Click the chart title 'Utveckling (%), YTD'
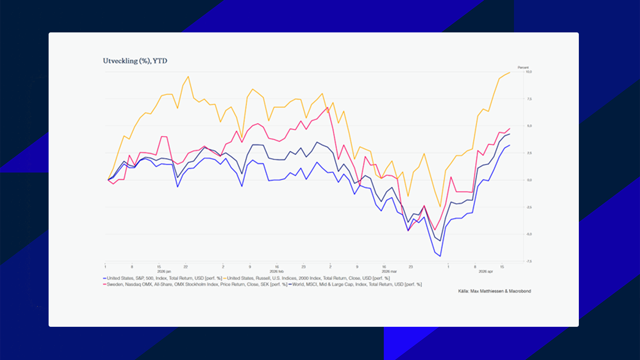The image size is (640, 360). pos(135,61)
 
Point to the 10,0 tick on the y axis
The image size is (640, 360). pos(529,72)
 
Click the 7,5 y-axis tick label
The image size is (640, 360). pos(529,99)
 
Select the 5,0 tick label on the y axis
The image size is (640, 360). pos(529,126)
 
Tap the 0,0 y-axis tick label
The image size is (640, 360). pos(529,180)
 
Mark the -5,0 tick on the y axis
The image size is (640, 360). pos(529,234)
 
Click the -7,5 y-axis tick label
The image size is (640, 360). pos(529,261)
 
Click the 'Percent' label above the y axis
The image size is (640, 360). pos(523,67)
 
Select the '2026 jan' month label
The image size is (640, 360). pos(164,271)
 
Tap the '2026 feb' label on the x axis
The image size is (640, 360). pos(277,271)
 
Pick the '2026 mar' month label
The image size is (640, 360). pos(389,271)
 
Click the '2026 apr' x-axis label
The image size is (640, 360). pos(486,271)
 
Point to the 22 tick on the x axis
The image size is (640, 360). pos(186,267)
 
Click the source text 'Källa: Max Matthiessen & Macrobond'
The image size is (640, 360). pos(494,291)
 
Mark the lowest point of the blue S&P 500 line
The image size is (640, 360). pos(440,256)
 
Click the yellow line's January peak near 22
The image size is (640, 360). pos(188,77)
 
